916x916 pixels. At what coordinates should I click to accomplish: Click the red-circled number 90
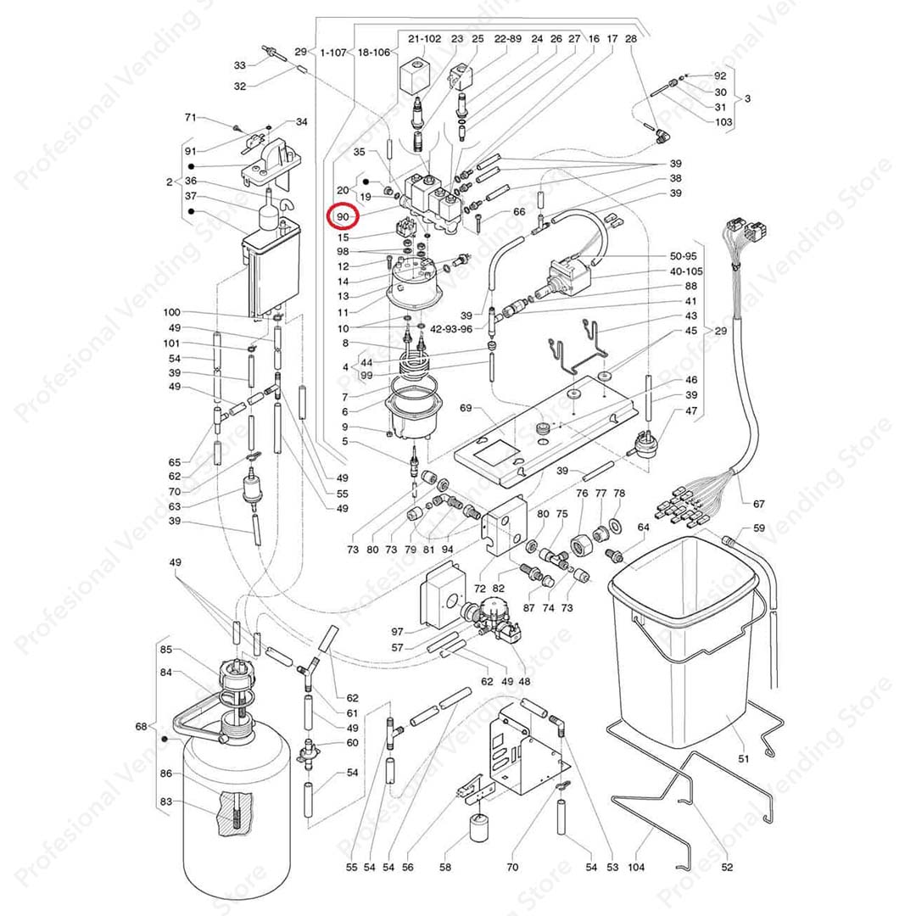[343, 217]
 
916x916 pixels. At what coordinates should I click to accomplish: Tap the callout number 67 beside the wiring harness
[758, 505]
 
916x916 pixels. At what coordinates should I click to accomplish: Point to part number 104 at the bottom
[636, 867]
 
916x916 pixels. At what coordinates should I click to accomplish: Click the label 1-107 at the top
[333, 53]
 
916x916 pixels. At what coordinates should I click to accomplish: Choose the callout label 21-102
[424, 39]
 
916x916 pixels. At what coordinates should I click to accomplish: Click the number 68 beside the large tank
[142, 726]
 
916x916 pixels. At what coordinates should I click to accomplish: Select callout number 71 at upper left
[191, 117]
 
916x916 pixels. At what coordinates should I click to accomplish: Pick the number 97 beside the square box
[397, 632]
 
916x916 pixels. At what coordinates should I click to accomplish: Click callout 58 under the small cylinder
[445, 867]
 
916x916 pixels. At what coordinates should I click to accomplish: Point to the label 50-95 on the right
[683, 255]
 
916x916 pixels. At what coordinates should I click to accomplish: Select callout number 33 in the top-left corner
[240, 64]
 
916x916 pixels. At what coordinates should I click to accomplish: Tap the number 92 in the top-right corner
[720, 76]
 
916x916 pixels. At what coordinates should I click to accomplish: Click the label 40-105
[686, 271]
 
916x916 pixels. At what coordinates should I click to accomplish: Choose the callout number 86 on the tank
[166, 774]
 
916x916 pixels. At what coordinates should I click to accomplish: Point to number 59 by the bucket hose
[758, 528]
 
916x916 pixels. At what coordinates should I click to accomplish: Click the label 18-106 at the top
[373, 53]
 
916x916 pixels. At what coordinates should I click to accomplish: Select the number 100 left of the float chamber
[172, 313]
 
